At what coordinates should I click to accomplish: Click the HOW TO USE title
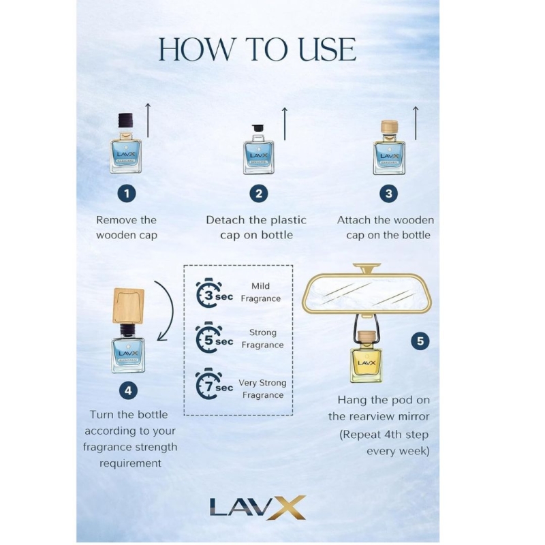(x=258, y=49)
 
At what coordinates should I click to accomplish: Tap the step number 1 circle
(x=127, y=193)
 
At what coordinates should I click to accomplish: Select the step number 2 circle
(x=259, y=193)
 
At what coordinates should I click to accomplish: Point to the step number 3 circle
(x=388, y=193)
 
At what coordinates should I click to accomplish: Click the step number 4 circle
(x=128, y=390)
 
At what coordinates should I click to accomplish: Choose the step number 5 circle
(x=420, y=341)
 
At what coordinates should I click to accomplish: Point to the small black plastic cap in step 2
(x=258, y=127)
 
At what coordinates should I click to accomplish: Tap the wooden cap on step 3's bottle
(x=389, y=127)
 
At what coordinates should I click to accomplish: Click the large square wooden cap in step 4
(x=129, y=306)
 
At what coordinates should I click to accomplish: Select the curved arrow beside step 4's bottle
(x=169, y=310)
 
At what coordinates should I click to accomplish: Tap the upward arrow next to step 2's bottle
(x=285, y=124)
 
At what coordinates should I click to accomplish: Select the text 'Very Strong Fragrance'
(x=263, y=389)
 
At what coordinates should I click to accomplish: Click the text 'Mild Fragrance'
(x=261, y=292)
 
